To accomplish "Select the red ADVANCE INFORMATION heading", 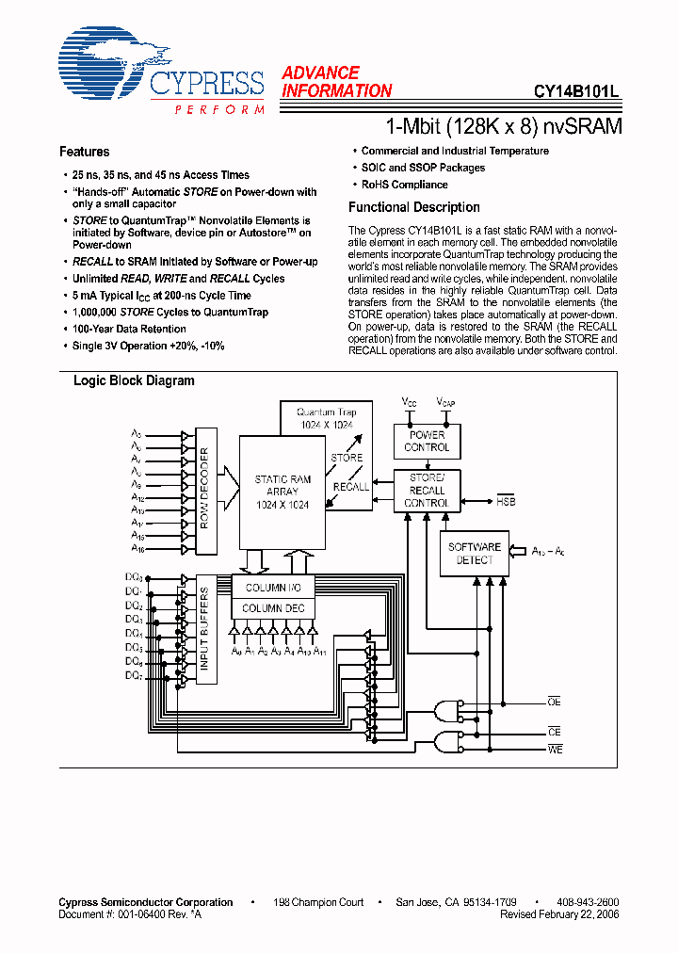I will (x=335, y=82).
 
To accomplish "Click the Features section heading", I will (x=84, y=152).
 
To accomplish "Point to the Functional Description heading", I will (x=413, y=207).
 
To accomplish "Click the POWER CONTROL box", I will (x=427, y=441).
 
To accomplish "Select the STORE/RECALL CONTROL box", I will (x=427, y=491).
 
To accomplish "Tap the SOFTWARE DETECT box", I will (x=474, y=554).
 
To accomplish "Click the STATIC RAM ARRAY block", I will (x=282, y=492).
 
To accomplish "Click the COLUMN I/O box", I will (x=273, y=588).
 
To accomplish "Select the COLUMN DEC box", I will (x=273, y=608).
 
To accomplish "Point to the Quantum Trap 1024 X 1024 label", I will (x=325, y=418).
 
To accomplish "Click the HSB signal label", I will (x=506, y=502).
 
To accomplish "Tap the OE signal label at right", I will (x=554, y=702).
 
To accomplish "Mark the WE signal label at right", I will (x=554, y=749).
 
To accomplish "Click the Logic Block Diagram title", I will (x=134, y=381).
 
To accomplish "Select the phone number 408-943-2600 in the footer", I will (x=588, y=902).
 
